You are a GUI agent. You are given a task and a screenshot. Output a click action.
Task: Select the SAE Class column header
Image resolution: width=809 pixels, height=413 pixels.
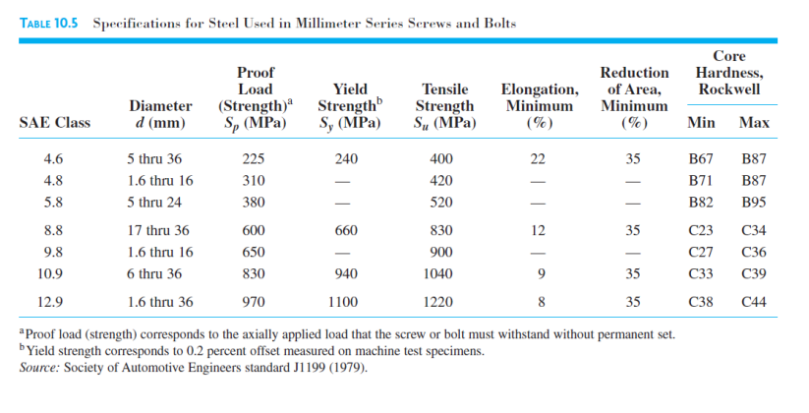click(54, 123)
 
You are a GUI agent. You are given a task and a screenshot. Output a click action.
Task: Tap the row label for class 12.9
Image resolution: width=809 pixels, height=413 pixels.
click(54, 302)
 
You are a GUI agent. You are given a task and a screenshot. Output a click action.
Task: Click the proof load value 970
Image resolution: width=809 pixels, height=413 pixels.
click(254, 302)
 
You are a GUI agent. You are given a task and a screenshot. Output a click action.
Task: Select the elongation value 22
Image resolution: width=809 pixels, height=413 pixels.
click(538, 158)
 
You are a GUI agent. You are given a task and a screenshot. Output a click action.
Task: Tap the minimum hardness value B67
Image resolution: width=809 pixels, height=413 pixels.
click(703, 158)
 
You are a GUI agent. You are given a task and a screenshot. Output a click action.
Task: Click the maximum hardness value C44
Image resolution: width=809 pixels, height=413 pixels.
click(754, 302)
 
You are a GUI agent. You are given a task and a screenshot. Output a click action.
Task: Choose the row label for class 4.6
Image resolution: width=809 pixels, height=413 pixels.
click(54, 158)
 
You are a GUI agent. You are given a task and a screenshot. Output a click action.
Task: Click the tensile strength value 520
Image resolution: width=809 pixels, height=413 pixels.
click(442, 203)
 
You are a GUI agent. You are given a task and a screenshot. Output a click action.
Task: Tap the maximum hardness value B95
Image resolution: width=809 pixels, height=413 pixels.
click(754, 203)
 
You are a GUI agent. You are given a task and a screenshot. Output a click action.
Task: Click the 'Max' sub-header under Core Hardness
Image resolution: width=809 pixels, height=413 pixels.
click(754, 123)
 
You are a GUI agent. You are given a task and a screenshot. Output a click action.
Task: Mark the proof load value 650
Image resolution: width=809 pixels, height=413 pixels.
click(254, 252)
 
